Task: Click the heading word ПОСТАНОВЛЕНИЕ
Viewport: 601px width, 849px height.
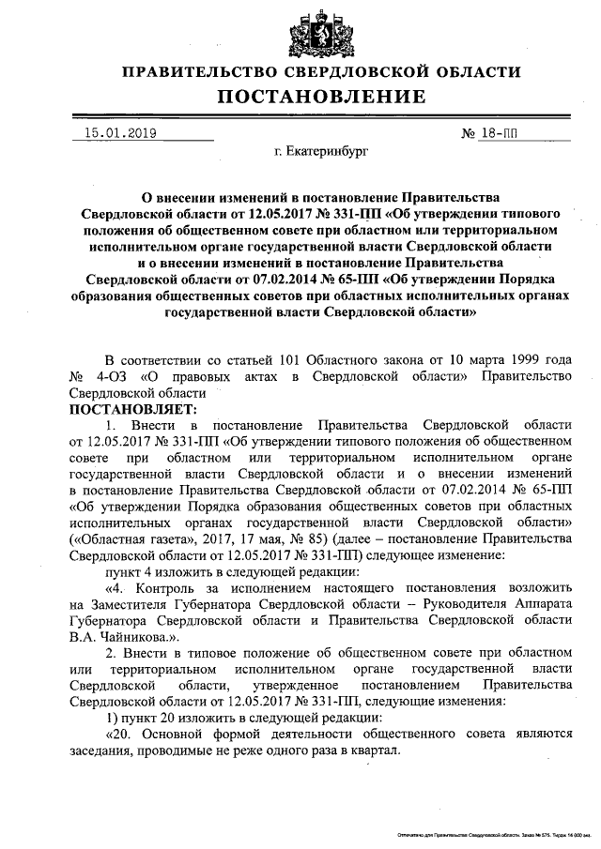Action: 321,97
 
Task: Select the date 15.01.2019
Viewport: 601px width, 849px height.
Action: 120,133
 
